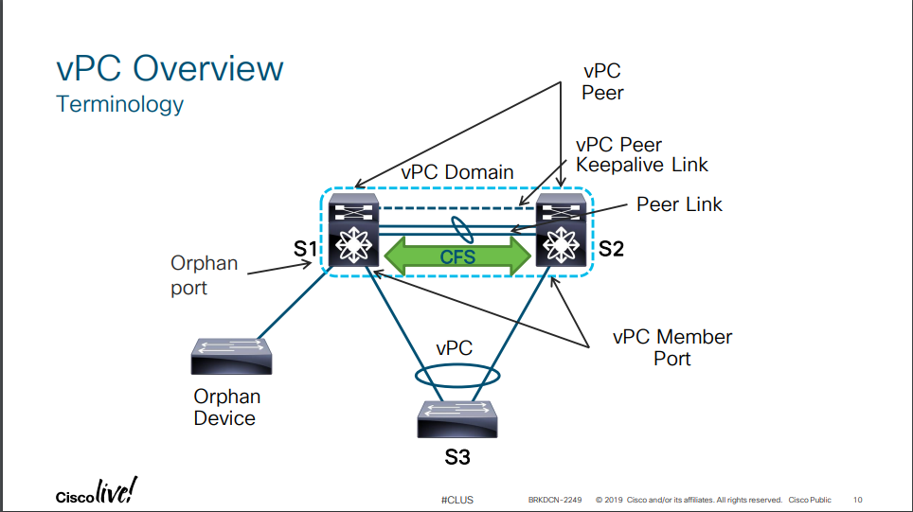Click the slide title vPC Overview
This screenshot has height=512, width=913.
(170, 69)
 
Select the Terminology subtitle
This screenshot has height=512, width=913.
(120, 103)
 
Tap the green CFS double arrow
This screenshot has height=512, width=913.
(457, 256)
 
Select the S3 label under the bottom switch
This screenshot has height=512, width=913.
(457, 458)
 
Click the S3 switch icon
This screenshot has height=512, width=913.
(457, 418)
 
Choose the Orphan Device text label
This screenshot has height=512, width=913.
(226, 407)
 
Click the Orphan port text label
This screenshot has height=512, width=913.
(204, 274)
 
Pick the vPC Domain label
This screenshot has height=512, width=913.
(457, 172)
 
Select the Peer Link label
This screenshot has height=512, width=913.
(679, 204)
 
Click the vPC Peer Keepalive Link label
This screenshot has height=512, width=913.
(641, 154)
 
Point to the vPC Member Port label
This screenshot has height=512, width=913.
(671, 347)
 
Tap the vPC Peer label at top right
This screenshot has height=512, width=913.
(603, 82)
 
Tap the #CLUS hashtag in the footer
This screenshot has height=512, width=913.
(457, 499)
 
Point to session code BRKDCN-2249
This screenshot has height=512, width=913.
(554, 499)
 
